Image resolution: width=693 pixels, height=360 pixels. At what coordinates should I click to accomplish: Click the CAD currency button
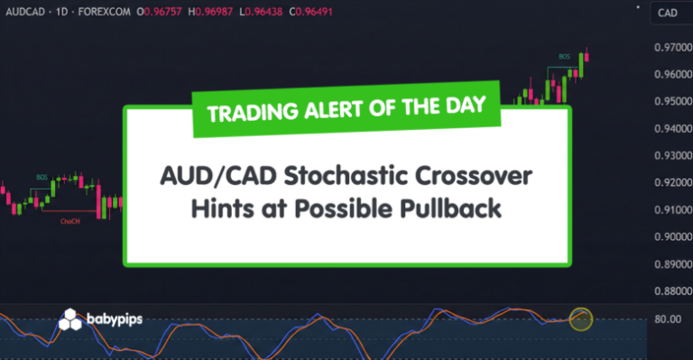668,13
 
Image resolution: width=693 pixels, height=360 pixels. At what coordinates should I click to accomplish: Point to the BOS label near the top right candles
564,56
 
